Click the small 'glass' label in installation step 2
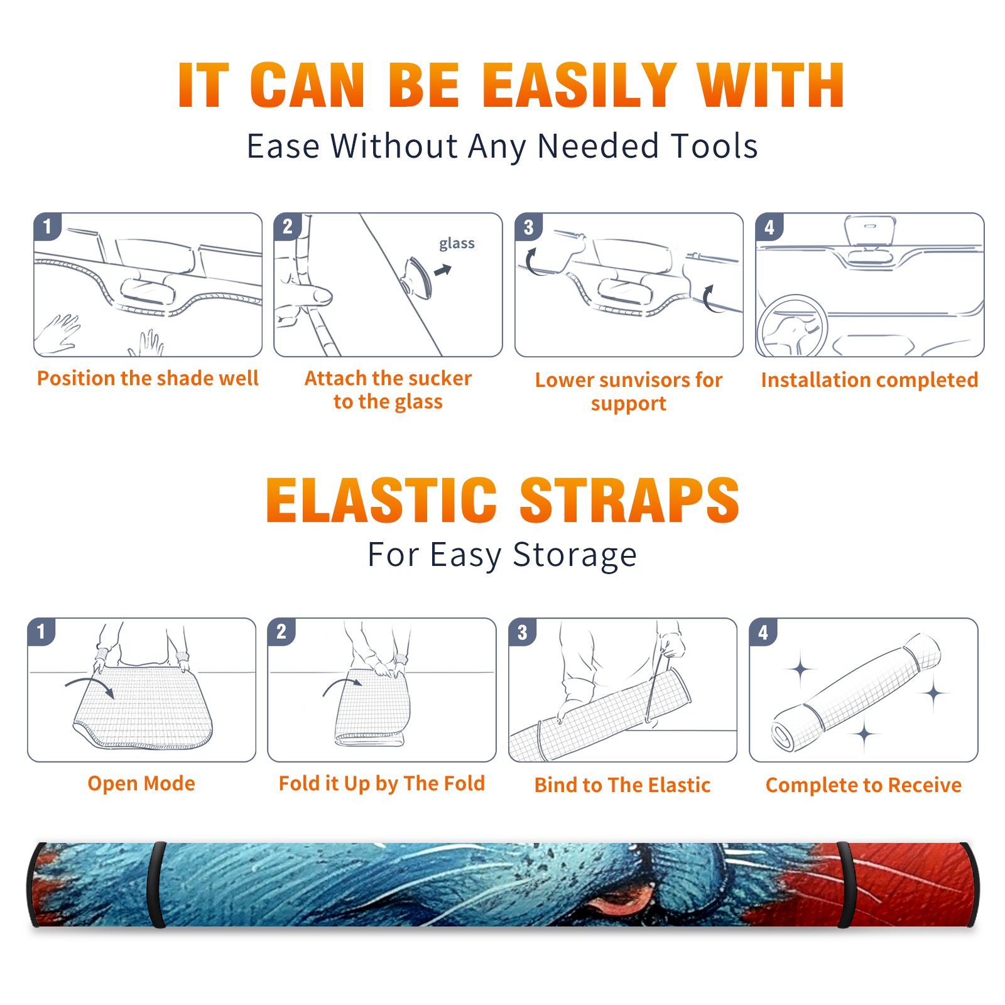(x=457, y=243)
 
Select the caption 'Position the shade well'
(x=148, y=378)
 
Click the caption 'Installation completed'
(x=869, y=379)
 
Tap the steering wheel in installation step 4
(x=792, y=327)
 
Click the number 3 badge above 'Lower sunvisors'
(x=528, y=227)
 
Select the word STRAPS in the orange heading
(x=629, y=500)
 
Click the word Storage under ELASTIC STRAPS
(x=574, y=555)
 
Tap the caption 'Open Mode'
(x=141, y=783)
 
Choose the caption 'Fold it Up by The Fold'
(x=382, y=784)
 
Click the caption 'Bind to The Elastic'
(x=622, y=785)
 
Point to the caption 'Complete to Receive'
(x=864, y=785)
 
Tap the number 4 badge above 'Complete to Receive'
(x=763, y=632)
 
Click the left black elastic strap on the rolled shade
(x=156, y=885)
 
